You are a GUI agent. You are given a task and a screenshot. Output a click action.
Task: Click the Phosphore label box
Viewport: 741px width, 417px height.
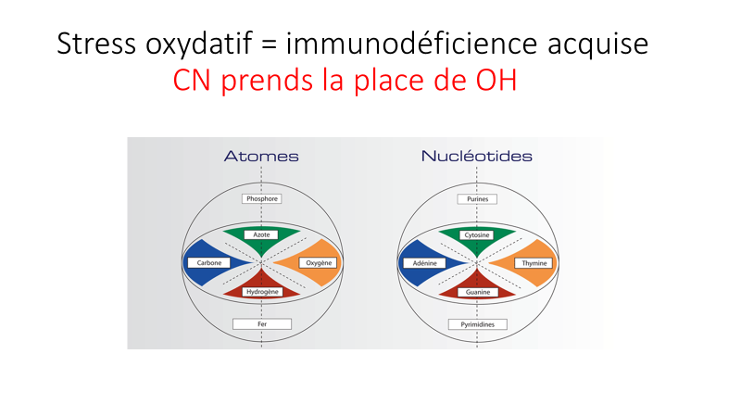pos(262,198)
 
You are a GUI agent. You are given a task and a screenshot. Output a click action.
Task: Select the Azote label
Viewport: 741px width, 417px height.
pos(261,234)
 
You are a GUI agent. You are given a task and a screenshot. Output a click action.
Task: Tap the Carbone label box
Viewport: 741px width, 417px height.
pos(209,263)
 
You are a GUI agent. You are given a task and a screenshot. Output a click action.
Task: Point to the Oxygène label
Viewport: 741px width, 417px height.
pos(319,263)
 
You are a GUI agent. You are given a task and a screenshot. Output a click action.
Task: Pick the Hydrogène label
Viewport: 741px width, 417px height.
pos(262,292)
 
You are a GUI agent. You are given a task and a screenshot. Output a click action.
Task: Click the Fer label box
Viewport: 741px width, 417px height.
pos(262,323)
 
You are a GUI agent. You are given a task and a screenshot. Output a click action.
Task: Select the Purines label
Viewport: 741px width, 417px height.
pos(477,199)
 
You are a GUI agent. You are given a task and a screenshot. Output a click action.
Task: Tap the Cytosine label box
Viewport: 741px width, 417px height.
pos(477,235)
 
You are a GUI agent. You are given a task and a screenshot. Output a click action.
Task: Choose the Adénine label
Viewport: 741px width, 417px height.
pos(424,263)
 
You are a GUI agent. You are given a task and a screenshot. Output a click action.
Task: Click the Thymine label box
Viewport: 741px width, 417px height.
pos(534,263)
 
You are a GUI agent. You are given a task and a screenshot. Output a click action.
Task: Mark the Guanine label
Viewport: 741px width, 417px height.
pos(478,292)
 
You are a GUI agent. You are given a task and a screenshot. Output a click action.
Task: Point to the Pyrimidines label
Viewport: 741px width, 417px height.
pos(477,324)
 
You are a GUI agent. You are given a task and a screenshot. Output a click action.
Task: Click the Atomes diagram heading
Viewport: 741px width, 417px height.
pos(261,156)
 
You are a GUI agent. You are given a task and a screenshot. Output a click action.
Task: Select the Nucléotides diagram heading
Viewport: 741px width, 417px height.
pos(476,156)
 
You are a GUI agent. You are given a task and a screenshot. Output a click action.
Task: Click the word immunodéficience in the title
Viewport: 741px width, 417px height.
pos(411,44)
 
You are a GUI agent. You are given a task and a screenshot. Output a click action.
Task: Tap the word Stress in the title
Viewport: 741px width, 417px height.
pos(96,44)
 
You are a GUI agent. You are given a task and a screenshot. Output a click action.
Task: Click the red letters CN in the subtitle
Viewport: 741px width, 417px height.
pos(192,80)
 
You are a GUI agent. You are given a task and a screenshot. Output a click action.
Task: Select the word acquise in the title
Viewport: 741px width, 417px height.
pos(597,44)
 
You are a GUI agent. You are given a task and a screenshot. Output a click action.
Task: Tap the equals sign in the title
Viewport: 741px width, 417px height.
pos(269,44)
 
